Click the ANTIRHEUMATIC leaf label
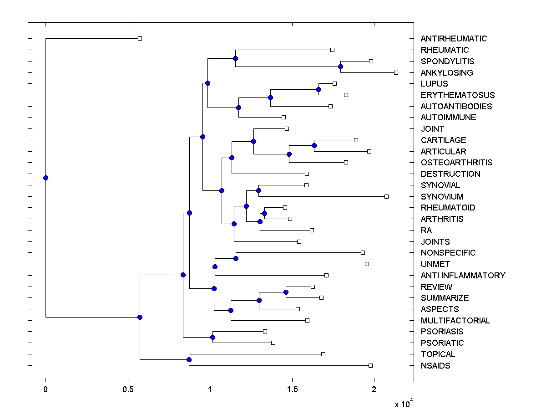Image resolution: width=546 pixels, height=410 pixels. click(x=454, y=39)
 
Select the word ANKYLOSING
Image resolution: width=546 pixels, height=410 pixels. click(x=447, y=73)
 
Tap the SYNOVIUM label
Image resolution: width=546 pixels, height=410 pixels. click(x=442, y=197)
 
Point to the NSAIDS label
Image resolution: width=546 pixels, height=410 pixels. click(x=435, y=366)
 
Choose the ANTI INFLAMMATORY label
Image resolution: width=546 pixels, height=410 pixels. click(x=463, y=276)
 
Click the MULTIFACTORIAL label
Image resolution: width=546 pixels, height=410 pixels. click(x=455, y=321)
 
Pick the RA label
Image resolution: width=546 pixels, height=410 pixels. click(x=426, y=231)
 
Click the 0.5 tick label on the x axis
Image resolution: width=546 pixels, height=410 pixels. click(x=128, y=389)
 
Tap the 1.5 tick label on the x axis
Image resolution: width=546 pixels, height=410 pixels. click(x=292, y=389)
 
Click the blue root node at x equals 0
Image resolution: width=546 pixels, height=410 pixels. click(x=45, y=178)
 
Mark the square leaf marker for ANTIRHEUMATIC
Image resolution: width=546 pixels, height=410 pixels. click(x=140, y=38)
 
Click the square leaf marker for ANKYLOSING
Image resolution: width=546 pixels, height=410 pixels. click(x=396, y=72)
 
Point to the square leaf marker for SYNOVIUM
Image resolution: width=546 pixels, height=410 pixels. click(x=386, y=196)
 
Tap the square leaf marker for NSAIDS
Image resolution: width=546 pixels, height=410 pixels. click(x=370, y=365)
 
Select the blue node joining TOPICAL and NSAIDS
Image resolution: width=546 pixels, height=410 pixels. click(x=189, y=360)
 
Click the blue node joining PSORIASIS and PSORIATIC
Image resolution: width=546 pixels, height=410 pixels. click(x=212, y=337)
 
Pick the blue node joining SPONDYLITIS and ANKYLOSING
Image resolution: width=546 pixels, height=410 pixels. click(x=340, y=67)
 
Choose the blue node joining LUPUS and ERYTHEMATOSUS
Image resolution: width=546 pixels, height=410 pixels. click(x=319, y=89)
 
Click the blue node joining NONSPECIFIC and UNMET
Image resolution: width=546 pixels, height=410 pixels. click(x=236, y=258)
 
